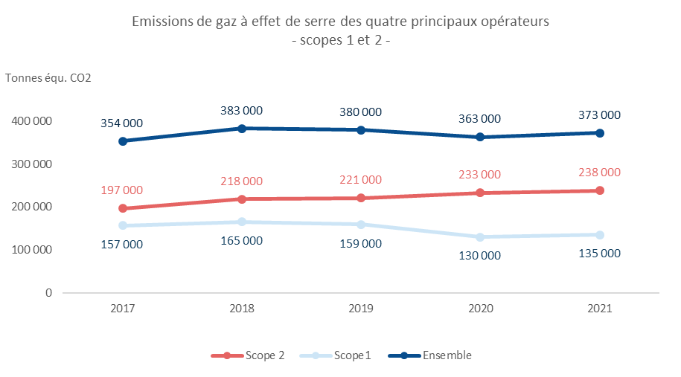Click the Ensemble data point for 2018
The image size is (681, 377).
tap(242, 128)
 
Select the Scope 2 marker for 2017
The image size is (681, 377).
tap(122, 208)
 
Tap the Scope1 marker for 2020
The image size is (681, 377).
tap(480, 237)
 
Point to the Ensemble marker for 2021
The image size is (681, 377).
tap(599, 132)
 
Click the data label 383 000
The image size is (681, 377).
tap(242, 110)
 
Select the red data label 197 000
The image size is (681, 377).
tap(122, 190)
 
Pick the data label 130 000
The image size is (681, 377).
tap(480, 255)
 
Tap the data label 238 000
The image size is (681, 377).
tap(599, 173)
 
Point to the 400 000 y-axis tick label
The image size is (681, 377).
tap(32, 120)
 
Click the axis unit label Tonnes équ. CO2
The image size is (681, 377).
tap(48, 78)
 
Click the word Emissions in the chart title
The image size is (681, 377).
tap(160, 22)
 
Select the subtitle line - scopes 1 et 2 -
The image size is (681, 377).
tap(340, 42)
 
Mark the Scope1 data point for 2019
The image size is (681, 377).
tap(361, 225)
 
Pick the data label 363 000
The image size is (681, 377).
tap(480, 118)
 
